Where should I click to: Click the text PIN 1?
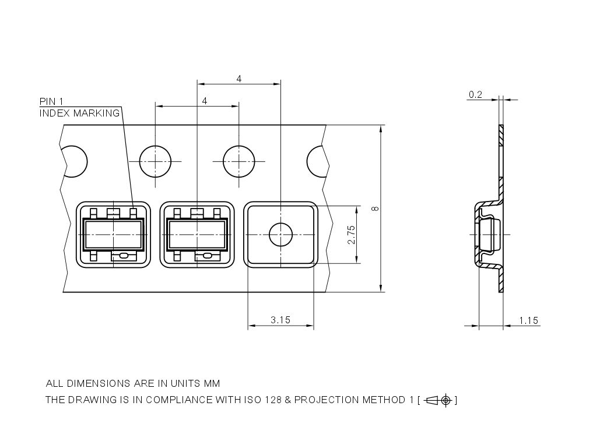point(51,102)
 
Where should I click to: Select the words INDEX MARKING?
point(79,114)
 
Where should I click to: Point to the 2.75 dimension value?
point(351,235)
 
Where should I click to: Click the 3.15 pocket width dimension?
point(280,320)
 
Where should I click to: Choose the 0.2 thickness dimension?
point(475,94)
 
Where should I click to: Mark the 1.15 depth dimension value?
point(528,320)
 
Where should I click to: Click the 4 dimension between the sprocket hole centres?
point(204,101)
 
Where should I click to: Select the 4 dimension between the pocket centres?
point(239,79)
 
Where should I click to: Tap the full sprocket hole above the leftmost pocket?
point(156,161)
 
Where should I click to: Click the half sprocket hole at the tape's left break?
point(75,161)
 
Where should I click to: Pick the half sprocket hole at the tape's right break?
point(317,161)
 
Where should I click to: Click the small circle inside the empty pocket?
point(280,235)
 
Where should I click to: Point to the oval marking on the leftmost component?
point(124,256)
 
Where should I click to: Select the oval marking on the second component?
point(206,256)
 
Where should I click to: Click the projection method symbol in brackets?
point(439,400)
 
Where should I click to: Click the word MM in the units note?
point(212,384)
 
